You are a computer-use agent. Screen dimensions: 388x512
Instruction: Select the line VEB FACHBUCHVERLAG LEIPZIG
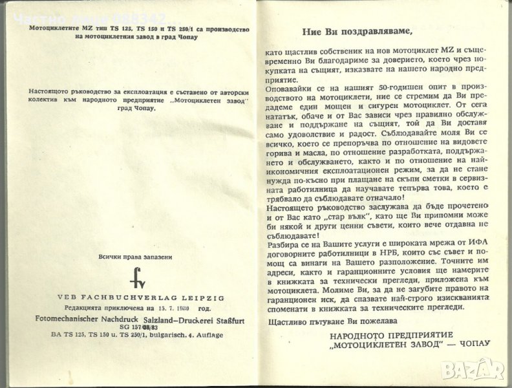point(132,297)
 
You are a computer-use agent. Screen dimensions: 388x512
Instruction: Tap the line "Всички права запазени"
point(132,257)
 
